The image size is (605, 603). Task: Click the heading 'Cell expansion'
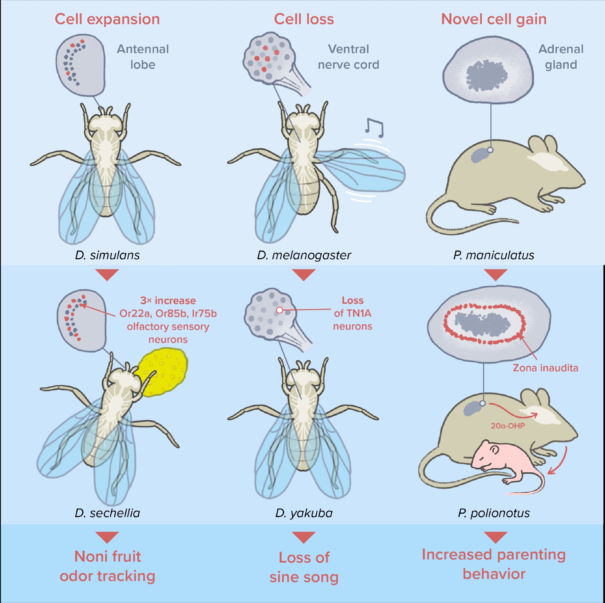(x=107, y=19)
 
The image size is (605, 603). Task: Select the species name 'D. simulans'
(x=107, y=255)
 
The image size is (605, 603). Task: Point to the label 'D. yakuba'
(x=304, y=513)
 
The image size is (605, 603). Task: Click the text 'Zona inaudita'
(x=545, y=368)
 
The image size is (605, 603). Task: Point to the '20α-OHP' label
(x=508, y=426)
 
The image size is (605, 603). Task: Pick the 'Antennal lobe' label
(x=143, y=57)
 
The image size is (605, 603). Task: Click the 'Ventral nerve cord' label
(x=348, y=57)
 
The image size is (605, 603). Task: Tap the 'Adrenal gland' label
(x=561, y=57)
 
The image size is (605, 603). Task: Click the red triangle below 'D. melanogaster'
(x=303, y=275)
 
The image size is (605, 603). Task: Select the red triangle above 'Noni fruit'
(x=107, y=537)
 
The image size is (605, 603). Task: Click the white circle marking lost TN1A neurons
(x=280, y=310)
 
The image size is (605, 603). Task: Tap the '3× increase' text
(x=168, y=301)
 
